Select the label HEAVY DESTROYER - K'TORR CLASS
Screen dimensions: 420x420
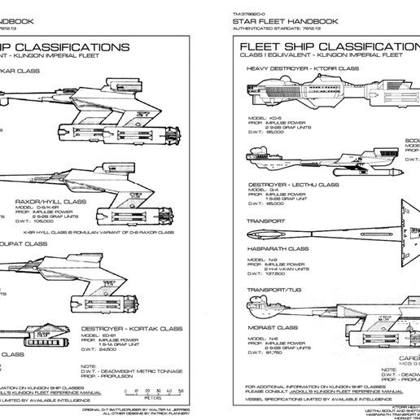[x=303, y=69]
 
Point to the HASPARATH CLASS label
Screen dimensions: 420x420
[x=277, y=248]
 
